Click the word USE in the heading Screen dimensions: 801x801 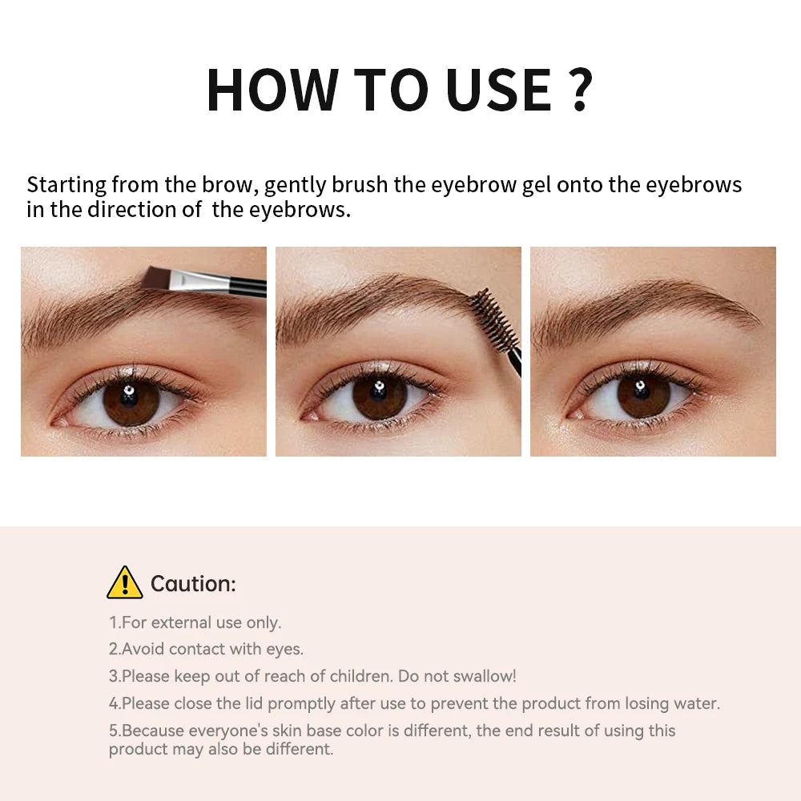pos(499,90)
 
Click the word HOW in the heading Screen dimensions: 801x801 pos(272,90)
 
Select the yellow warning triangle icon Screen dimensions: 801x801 pos(124,582)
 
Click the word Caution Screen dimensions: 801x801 pos(193,584)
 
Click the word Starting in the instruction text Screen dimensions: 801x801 pos(66,186)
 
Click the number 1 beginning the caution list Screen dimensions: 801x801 pos(113,622)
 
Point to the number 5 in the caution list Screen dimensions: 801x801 pos(113,731)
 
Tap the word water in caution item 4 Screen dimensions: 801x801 pos(698,703)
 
